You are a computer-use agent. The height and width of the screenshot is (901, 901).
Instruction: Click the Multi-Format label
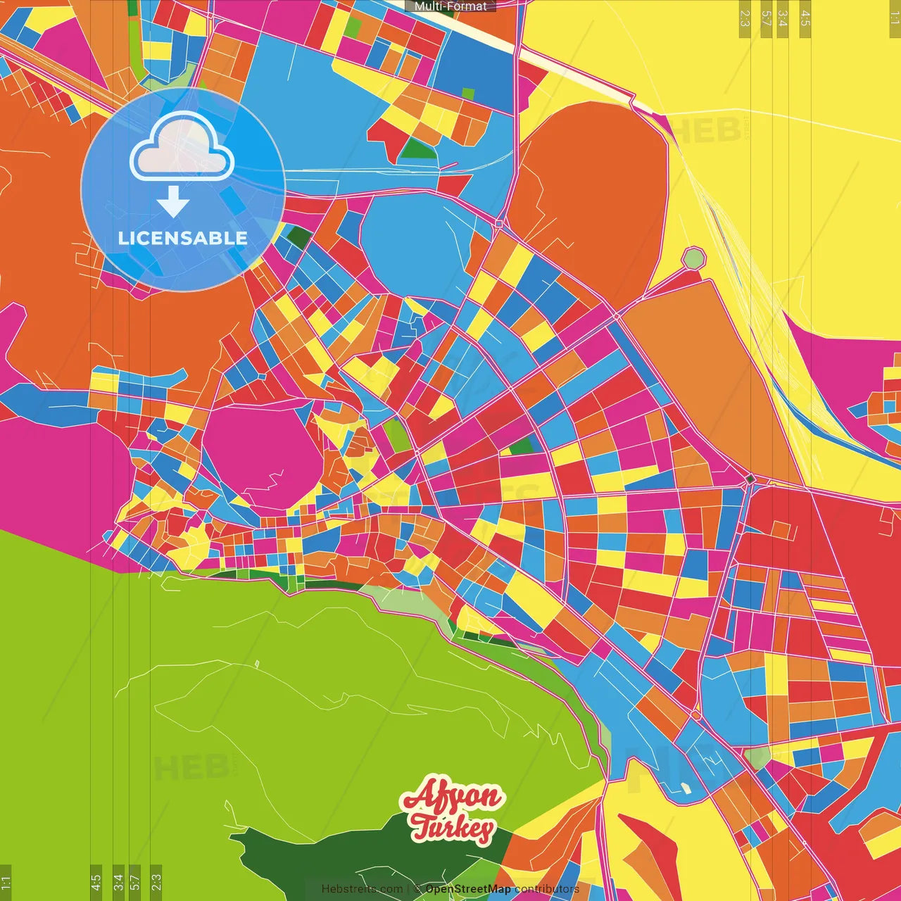click(x=450, y=6)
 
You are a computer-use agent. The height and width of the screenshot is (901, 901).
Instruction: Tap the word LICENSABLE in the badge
click(x=183, y=238)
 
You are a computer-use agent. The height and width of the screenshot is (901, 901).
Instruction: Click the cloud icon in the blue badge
click(x=182, y=146)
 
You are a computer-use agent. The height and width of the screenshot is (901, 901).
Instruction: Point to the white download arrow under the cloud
click(x=173, y=201)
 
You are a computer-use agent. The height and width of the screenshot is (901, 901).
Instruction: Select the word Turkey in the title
click(x=453, y=828)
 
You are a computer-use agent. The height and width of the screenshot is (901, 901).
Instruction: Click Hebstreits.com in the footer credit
click(x=362, y=889)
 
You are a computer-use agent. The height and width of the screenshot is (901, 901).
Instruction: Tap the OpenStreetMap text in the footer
click(x=468, y=889)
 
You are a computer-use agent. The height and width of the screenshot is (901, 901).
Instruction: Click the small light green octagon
click(x=694, y=258)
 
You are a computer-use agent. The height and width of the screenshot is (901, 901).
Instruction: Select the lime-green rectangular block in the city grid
click(x=396, y=436)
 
